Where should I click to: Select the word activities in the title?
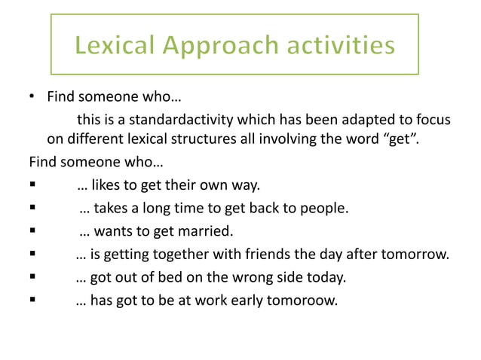tap(338, 47)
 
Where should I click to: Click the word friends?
tap(274, 254)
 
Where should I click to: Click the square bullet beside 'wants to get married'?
tap(32, 230)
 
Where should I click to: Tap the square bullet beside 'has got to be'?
tap(32, 303)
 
